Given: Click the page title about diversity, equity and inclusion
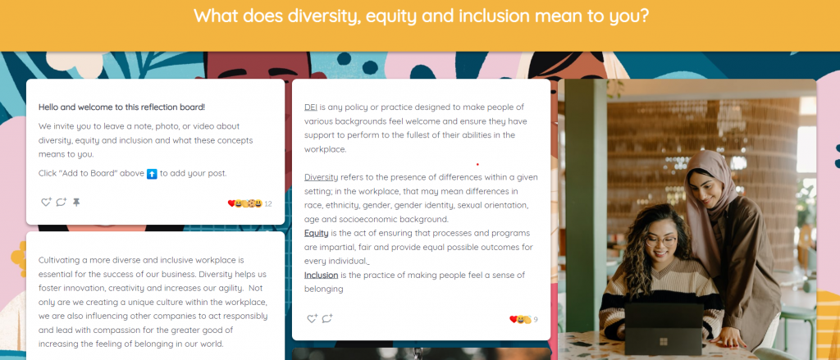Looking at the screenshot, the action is pyautogui.click(x=421, y=16).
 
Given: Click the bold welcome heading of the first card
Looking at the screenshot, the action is pyautogui.click(x=121, y=107).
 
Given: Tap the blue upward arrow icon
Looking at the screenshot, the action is pyautogui.click(x=152, y=174).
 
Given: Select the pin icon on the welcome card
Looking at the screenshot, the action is pyautogui.click(x=76, y=203).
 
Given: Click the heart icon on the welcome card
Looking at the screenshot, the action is pyautogui.click(x=46, y=203).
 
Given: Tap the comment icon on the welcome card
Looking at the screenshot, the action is pyautogui.click(x=61, y=203).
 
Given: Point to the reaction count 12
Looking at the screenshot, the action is pyautogui.click(x=268, y=204).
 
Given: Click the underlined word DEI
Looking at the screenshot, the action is pyautogui.click(x=311, y=107).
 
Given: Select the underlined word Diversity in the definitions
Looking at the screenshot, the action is pyautogui.click(x=321, y=177).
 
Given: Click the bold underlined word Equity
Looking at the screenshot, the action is pyautogui.click(x=316, y=234).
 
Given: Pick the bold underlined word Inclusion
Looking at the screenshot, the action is pyautogui.click(x=321, y=276).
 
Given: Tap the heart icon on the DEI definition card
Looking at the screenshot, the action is pyautogui.click(x=312, y=319).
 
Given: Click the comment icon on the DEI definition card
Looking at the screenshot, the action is pyautogui.click(x=326, y=319).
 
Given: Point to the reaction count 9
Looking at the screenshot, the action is pyautogui.click(x=535, y=320).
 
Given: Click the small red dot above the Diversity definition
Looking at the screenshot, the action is pyautogui.click(x=477, y=165).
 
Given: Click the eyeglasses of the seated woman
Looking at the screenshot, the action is pyautogui.click(x=661, y=240).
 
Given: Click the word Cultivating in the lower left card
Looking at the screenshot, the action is pyautogui.click(x=58, y=261).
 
